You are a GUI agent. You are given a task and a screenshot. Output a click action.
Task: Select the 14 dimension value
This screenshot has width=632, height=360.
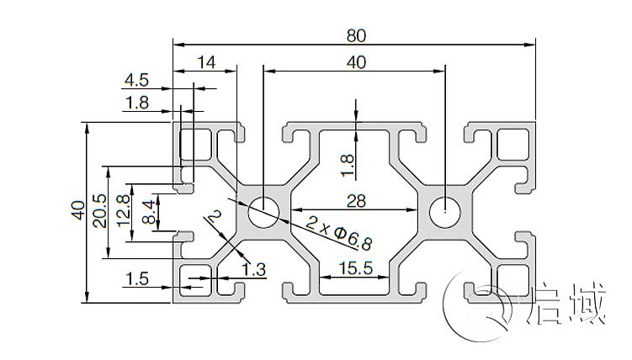pos(206,61)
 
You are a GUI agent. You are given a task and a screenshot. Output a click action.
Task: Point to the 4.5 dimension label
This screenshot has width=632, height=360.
pos(135,81)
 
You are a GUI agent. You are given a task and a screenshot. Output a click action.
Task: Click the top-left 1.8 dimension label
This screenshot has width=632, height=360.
pos(135,103)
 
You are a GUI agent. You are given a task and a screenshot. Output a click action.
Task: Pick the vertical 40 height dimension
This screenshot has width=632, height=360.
pos(77,210)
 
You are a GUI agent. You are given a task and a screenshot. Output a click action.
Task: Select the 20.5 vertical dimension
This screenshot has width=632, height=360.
pos(100,211)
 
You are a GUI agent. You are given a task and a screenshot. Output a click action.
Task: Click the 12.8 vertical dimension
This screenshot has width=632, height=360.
pos(125,211)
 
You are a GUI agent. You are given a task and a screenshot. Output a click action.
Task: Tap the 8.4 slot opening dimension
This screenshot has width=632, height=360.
pos(149,211)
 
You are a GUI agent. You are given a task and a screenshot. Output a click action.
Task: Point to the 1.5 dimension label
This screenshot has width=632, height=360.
pos(135,278)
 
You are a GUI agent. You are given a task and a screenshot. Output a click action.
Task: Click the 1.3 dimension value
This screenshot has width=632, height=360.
pos(254,269)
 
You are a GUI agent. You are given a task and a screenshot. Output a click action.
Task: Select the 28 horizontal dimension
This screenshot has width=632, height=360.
pos(355,199)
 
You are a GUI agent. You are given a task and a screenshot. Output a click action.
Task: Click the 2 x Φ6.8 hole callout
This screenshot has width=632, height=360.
pos(338,233)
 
